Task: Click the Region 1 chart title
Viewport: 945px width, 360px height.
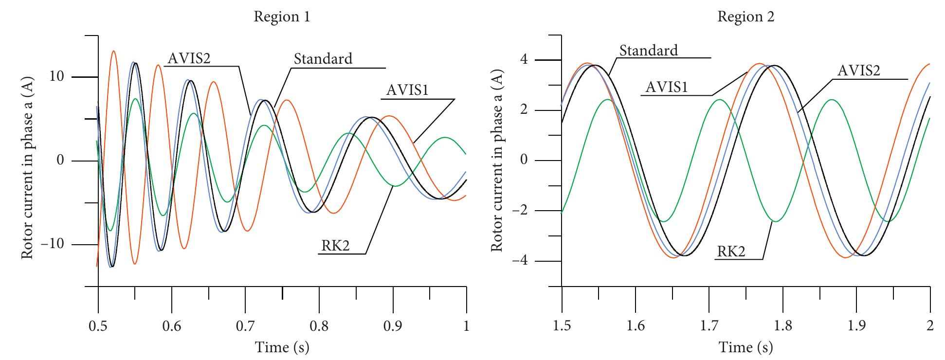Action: (x=282, y=17)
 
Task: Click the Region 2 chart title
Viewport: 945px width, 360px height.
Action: (x=746, y=17)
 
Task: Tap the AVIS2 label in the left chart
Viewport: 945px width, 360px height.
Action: (x=189, y=58)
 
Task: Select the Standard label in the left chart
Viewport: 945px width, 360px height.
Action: (x=323, y=59)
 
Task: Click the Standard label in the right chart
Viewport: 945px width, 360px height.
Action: (x=649, y=50)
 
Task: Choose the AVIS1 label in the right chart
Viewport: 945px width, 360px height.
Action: (x=666, y=87)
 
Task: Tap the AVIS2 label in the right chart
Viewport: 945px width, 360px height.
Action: (x=859, y=71)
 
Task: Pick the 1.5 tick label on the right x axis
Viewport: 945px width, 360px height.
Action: (x=562, y=326)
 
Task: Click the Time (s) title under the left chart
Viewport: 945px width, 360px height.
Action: (x=282, y=347)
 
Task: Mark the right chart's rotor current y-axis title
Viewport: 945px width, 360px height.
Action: (x=496, y=161)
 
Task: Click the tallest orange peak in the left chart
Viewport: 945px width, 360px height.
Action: (x=113, y=51)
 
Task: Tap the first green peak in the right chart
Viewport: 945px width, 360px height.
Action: (x=607, y=100)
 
